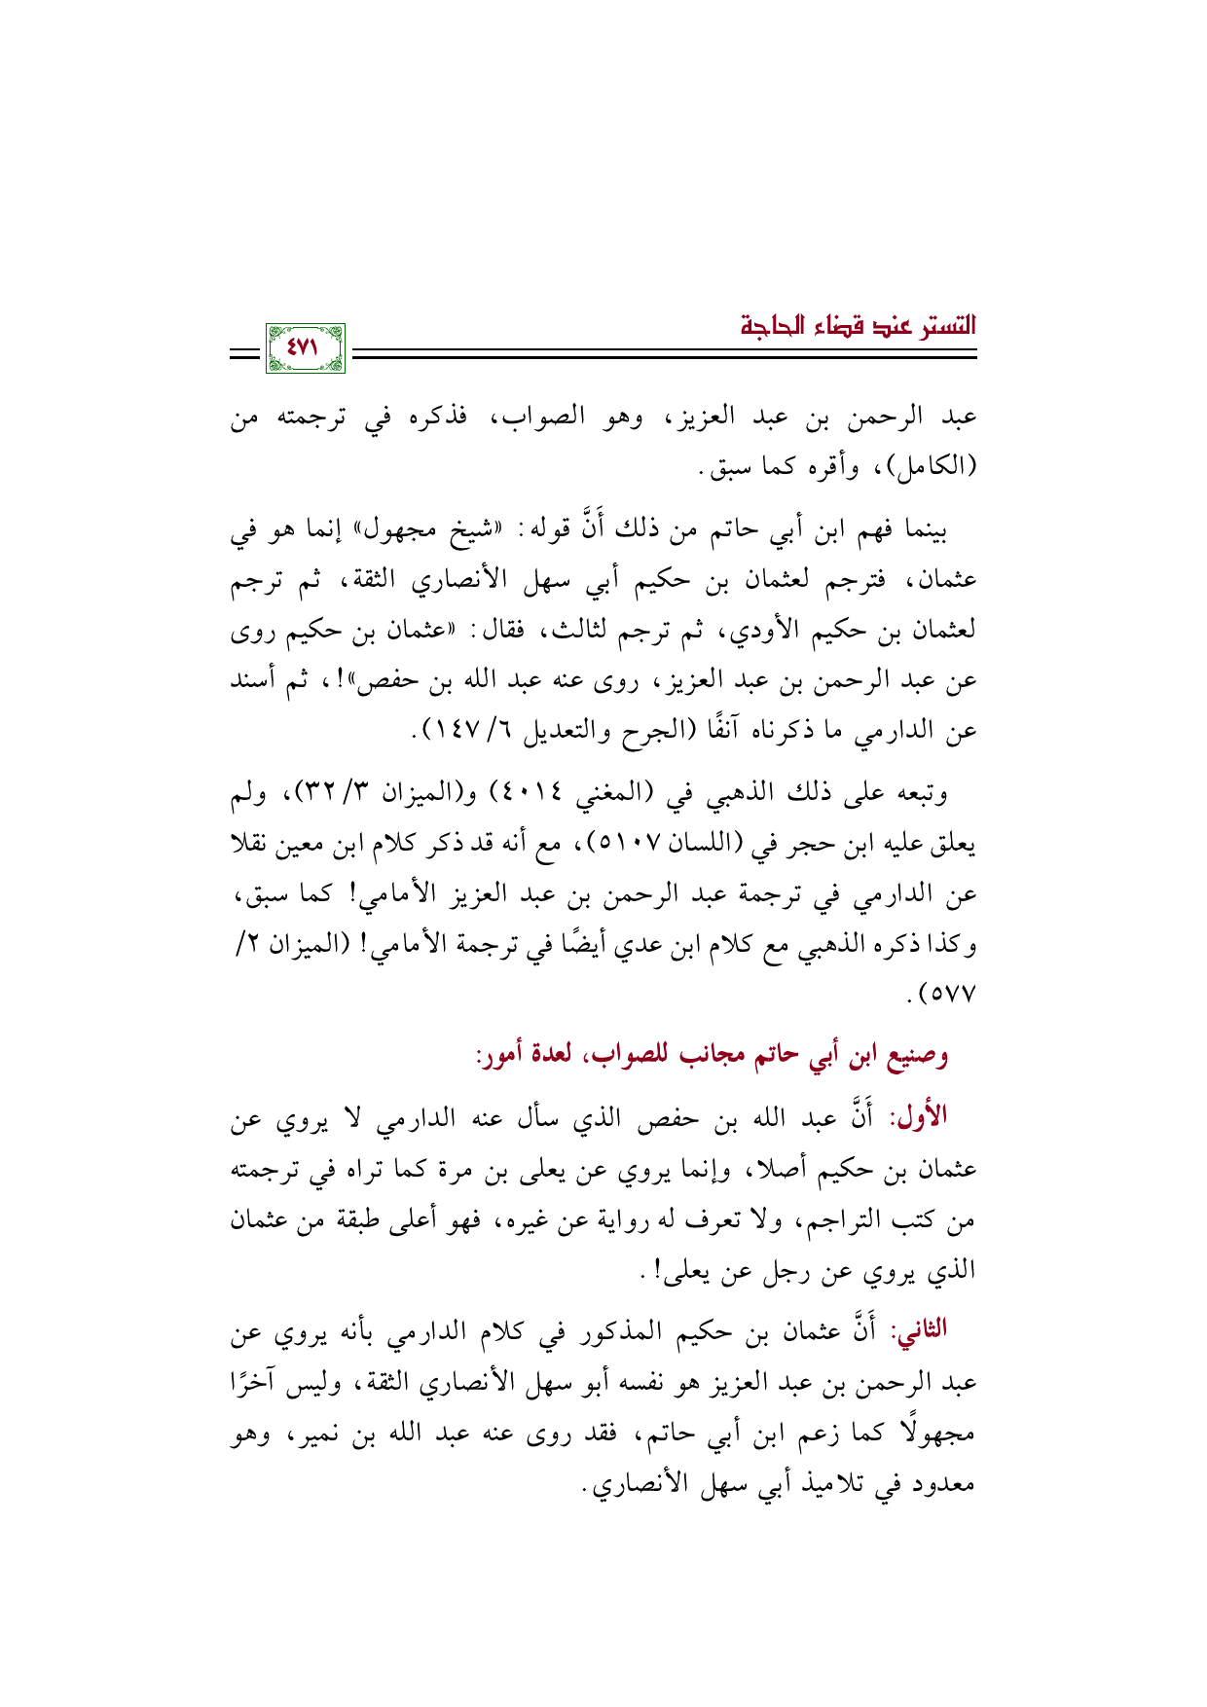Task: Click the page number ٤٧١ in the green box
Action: (305, 346)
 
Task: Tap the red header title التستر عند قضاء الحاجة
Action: (858, 325)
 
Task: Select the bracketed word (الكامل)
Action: (927, 468)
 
